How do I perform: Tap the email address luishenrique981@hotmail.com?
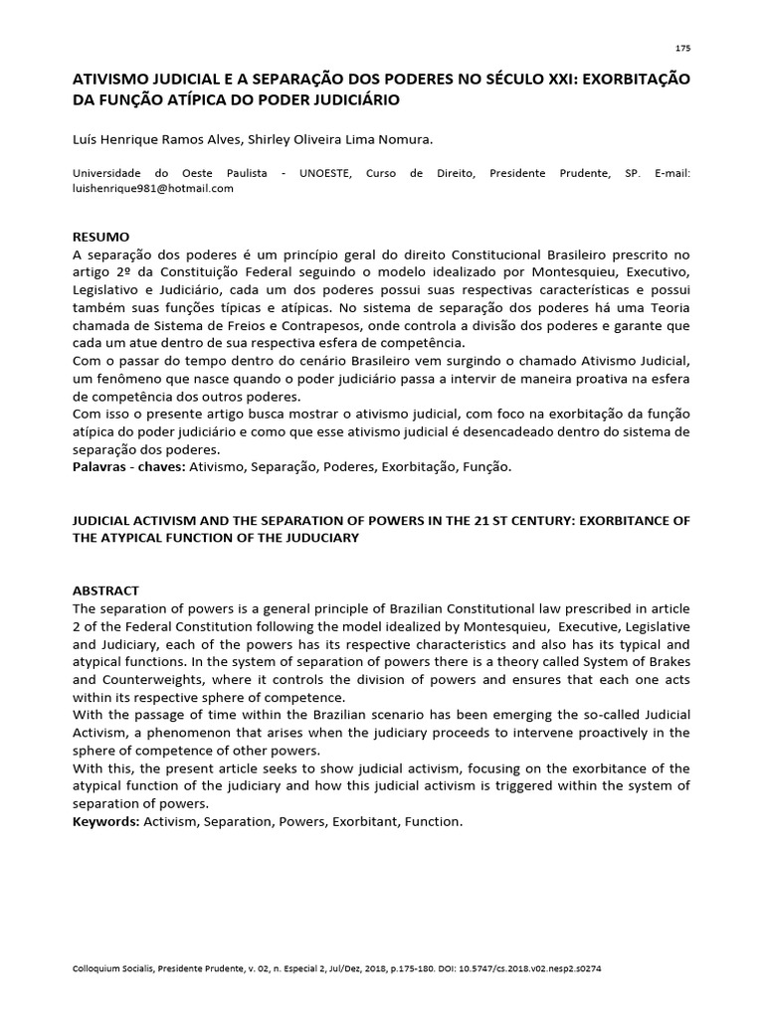(x=153, y=189)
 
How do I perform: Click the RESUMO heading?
(x=101, y=237)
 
